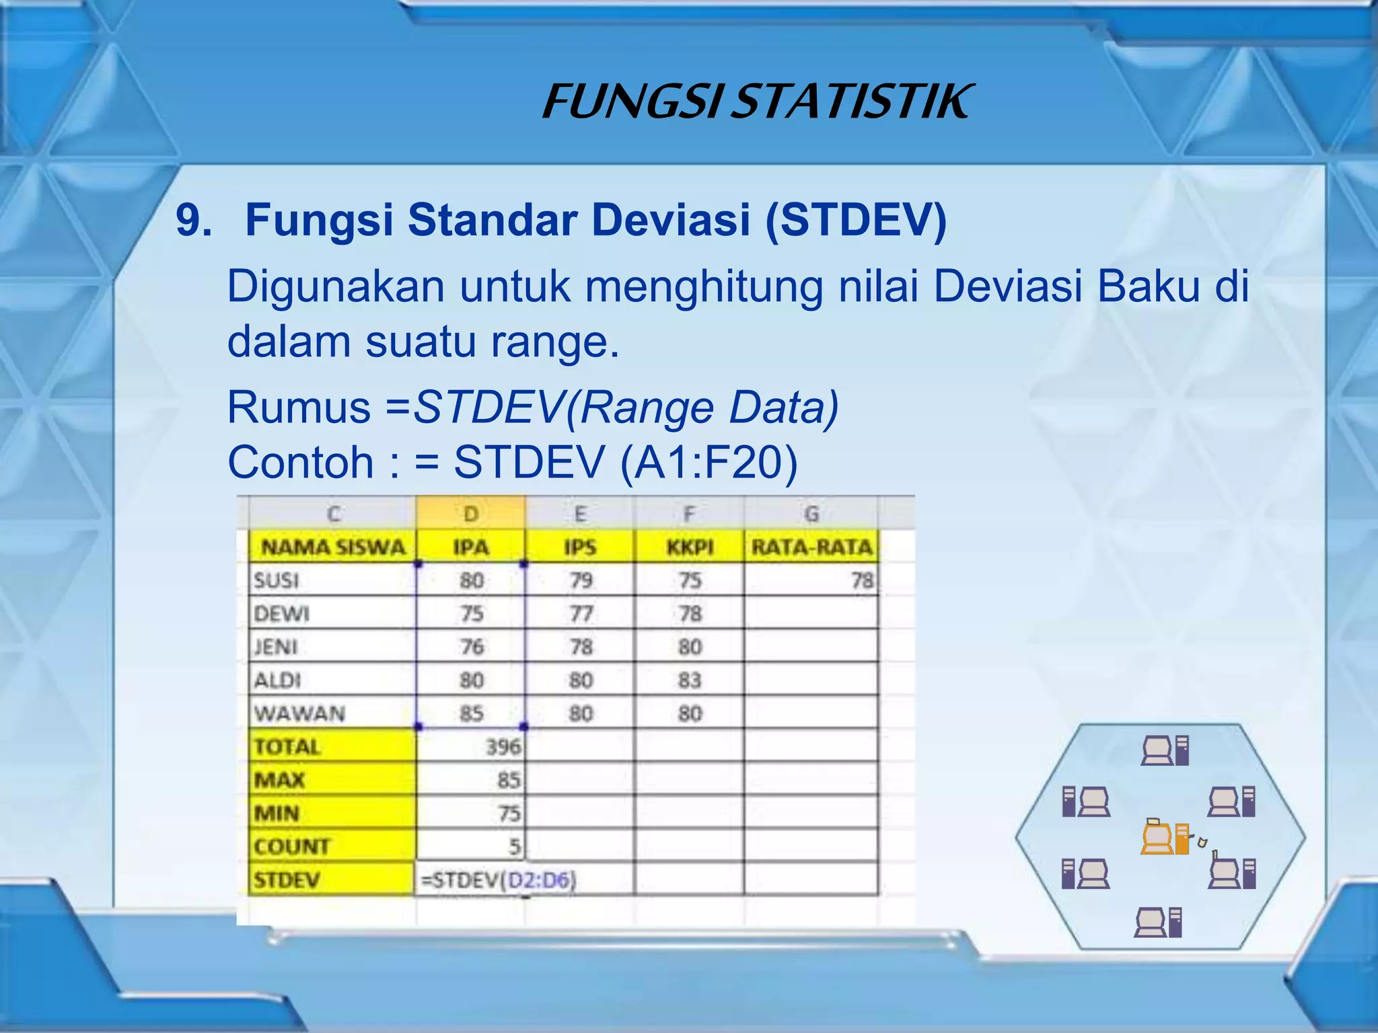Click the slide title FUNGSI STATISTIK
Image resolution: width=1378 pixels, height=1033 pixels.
pos(756,102)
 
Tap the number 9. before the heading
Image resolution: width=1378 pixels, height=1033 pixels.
pos(194,220)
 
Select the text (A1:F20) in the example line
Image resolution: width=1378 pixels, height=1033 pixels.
pos(709,463)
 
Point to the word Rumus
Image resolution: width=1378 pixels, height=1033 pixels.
pos(299,408)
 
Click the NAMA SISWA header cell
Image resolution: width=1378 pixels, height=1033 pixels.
pos(333,547)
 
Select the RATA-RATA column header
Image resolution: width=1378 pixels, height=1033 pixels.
pos(811,547)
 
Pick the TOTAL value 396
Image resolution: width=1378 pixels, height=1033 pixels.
pos(503,747)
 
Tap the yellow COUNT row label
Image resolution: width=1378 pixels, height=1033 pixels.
pos(293,847)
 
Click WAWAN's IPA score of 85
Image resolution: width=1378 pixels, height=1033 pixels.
pos(471,714)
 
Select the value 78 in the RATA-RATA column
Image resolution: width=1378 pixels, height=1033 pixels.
pos(861,580)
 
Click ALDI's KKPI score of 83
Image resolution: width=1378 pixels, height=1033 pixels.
pos(690,681)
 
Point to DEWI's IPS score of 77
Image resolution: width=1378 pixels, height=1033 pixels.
pos(581,613)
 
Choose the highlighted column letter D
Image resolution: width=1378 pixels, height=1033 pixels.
pos(471,514)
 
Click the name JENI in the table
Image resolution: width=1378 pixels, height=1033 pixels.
pos(276,647)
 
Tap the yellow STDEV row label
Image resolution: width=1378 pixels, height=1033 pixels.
pos(287,880)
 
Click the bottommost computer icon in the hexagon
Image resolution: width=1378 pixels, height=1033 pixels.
pos(1158,923)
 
